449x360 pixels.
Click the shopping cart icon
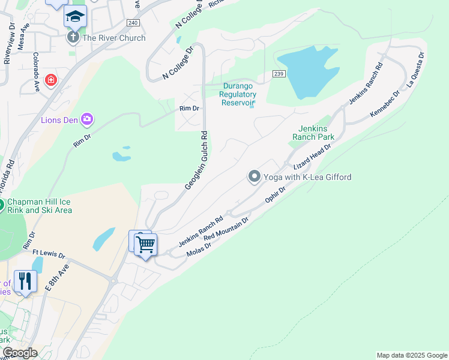pos(145,245)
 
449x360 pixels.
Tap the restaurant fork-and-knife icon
pos(25,281)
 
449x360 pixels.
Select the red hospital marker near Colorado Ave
pos(50,80)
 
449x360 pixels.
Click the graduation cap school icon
pos(75,17)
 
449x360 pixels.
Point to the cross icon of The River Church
pos(73,38)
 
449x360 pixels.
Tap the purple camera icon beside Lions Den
pos(88,119)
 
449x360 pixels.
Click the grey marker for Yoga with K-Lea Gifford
pos(255,176)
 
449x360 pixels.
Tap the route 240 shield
pos(133,23)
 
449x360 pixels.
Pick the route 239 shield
pos(277,74)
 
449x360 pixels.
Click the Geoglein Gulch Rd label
pos(197,161)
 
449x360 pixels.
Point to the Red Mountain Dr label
pos(226,230)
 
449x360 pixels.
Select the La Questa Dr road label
pos(415,70)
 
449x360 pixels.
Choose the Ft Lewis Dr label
pos(49,254)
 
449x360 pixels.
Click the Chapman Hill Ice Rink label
pos(39,206)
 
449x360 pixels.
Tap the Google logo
pos(19,352)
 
